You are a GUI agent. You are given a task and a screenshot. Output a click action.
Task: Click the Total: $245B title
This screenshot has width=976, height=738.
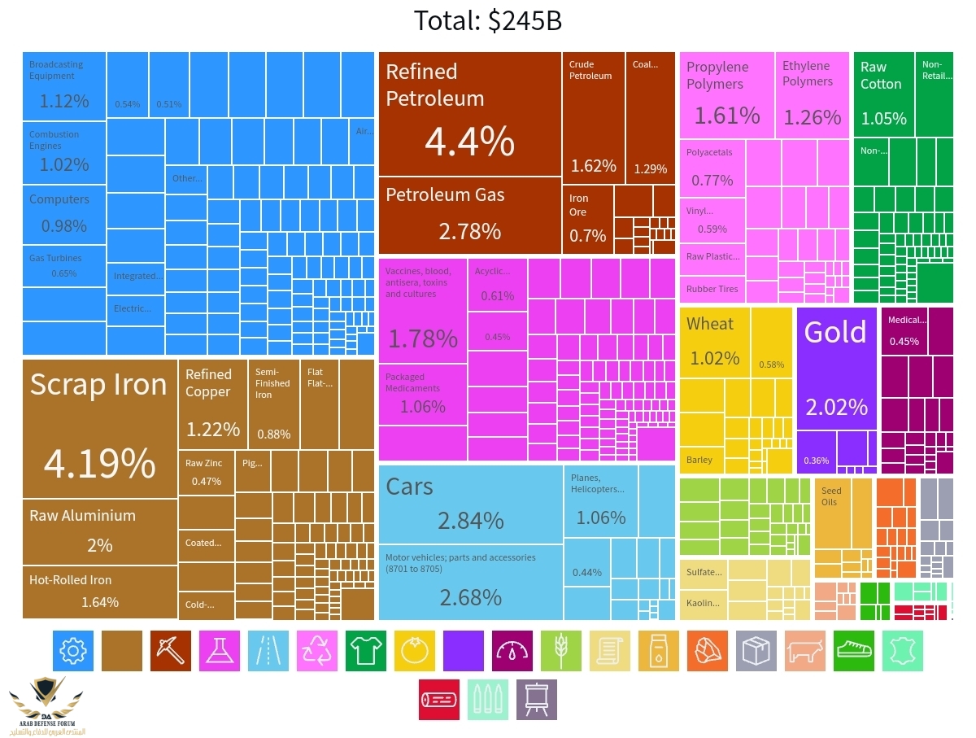click(x=487, y=20)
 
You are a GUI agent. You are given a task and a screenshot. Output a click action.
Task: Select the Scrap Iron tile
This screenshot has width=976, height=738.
click(x=99, y=427)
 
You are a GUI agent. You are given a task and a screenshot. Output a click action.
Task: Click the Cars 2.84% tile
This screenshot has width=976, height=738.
click(x=470, y=504)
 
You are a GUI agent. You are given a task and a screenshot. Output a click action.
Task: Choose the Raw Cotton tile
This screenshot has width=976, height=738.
click(x=883, y=94)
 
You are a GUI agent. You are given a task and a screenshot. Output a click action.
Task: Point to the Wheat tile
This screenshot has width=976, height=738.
click(x=714, y=342)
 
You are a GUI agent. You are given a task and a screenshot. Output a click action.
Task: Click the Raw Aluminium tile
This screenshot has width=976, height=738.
click(x=99, y=531)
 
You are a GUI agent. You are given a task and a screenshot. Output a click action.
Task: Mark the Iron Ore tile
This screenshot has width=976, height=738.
click(x=587, y=218)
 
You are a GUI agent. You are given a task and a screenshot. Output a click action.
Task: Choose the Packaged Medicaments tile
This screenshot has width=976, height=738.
click(x=423, y=395)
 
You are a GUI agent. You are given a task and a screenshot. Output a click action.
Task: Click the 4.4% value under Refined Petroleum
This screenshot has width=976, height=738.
click(x=469, y=142)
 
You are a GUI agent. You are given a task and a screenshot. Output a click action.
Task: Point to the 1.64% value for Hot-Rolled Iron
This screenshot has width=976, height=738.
click(x=100, y=602)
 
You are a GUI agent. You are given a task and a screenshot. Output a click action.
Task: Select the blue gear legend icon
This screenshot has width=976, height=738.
click(x=73, y=651)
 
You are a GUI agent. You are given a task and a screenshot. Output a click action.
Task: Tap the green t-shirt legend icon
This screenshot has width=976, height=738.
click(x=366, y=651)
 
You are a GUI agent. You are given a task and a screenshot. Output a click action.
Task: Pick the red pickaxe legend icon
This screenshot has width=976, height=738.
click(x=171, y=651)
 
